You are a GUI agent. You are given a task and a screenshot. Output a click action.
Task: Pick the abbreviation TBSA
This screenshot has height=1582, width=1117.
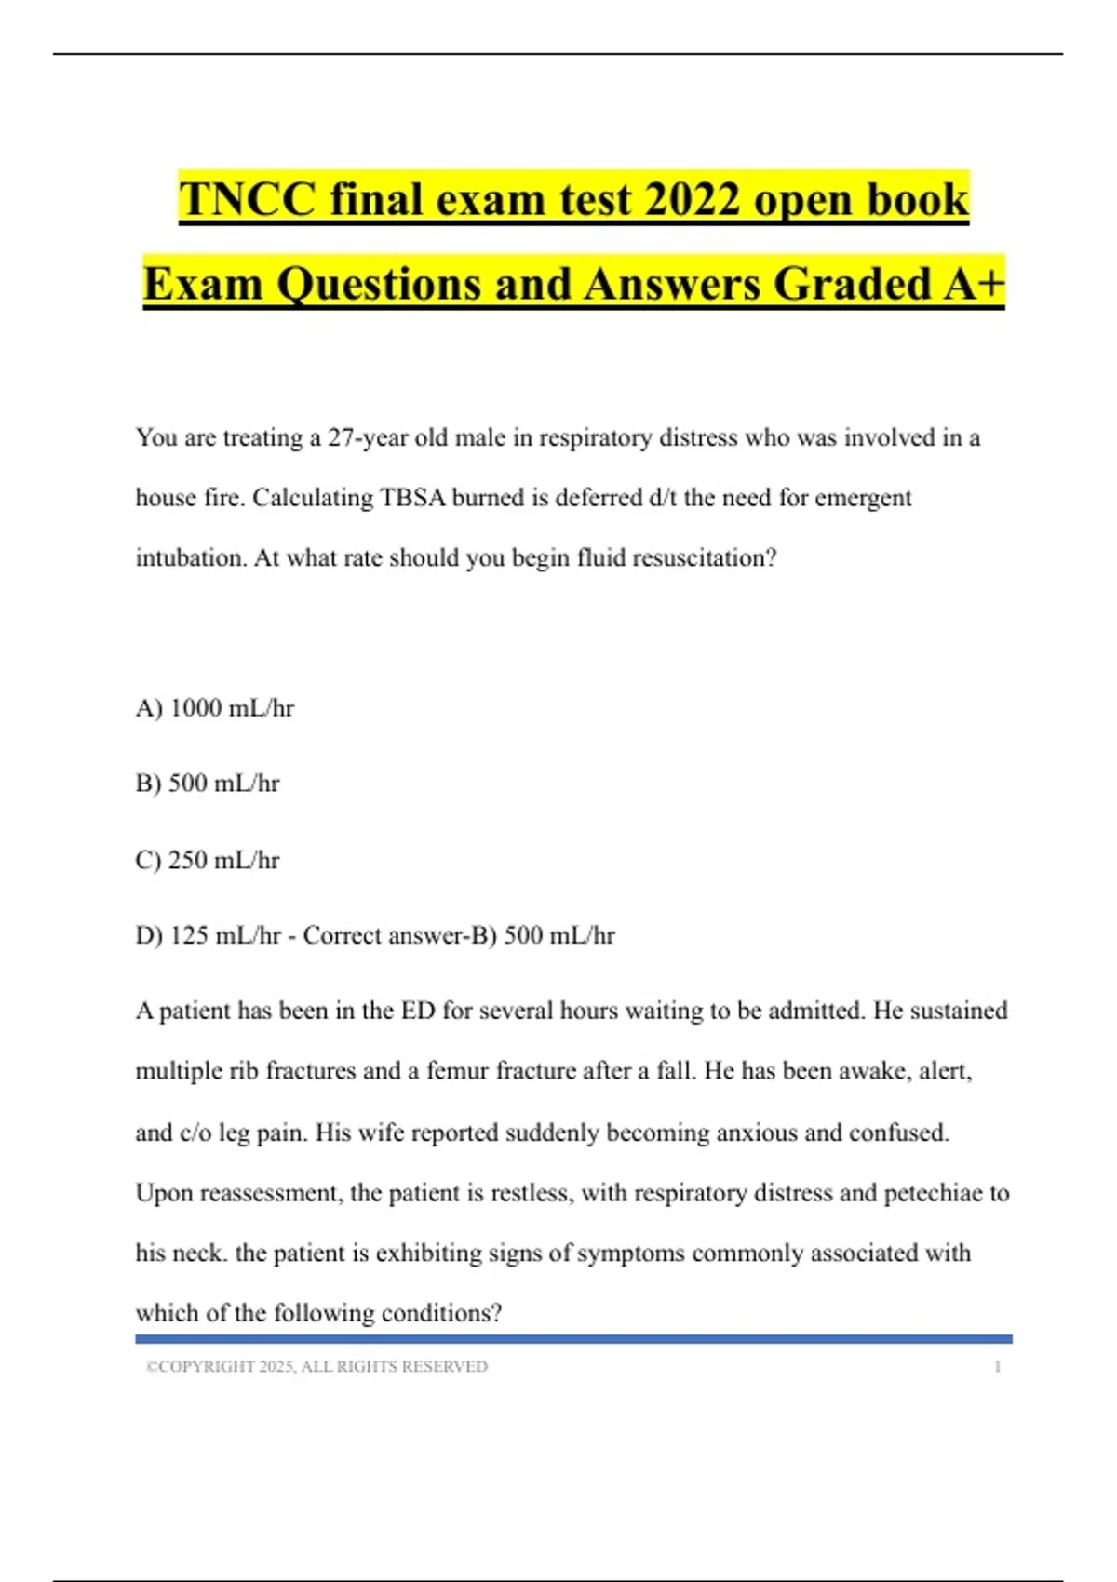413,498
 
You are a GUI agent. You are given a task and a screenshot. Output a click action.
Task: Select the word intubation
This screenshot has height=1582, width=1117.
191,558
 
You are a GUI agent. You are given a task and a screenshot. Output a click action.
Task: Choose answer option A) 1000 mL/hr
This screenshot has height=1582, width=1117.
215,708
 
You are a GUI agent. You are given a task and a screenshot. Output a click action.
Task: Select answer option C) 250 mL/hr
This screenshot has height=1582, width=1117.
208,860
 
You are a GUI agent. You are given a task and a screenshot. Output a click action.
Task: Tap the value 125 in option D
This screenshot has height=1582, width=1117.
189,935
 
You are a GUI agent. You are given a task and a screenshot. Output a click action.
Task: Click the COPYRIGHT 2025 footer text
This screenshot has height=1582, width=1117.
316,1366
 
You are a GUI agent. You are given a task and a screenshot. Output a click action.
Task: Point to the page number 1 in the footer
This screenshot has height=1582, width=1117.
997,1366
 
